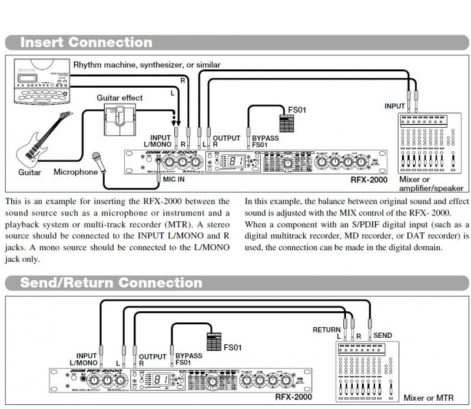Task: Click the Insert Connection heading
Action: point(86,42)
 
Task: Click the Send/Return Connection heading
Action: point(111,282)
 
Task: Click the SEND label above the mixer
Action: point(383,336)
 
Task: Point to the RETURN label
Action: point(327,330)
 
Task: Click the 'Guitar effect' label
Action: point(120,98)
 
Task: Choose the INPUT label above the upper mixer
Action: point(394,107)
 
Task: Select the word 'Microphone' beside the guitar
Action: point(75,172)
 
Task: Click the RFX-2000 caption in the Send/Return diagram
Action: point(292,397)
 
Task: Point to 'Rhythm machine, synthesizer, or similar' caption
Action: point(147,64)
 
